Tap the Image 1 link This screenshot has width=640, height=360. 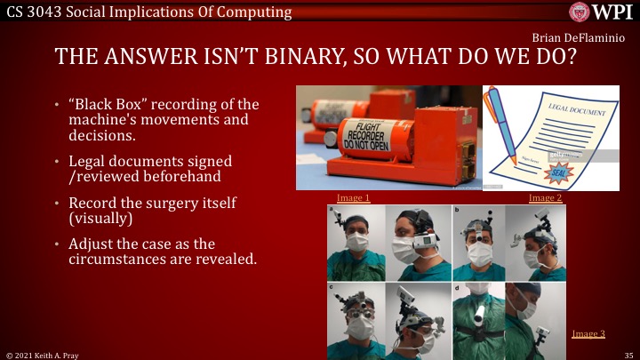tap(353, 197)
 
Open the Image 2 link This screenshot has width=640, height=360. tap(545, 197)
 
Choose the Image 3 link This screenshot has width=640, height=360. tap(588, 333)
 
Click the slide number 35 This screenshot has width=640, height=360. tap(628, 354)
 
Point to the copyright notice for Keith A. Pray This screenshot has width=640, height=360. tap(42, 354)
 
